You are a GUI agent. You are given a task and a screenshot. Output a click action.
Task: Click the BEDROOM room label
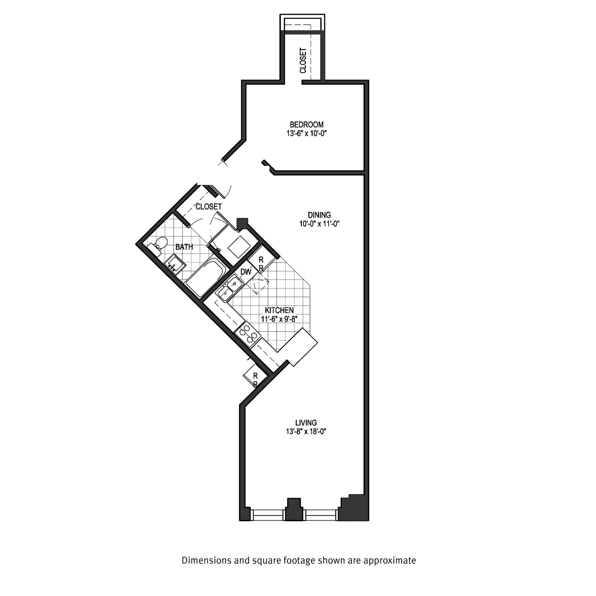[306, 125]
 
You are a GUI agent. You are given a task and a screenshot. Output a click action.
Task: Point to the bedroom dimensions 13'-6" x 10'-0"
[306, 134]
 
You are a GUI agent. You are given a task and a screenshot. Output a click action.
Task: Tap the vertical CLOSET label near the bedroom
[303, 61]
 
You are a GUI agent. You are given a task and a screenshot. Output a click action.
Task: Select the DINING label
[319, 215]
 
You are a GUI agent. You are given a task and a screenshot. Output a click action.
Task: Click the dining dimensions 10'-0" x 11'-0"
[319, 224]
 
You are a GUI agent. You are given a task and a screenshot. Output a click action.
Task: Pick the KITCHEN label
[279, 310]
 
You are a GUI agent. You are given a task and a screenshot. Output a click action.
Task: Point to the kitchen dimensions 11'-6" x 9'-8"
[279, 319]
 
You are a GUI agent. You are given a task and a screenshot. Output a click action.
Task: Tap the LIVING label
[306, 423]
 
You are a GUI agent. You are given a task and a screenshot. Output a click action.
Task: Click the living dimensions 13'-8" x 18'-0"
[306, 431]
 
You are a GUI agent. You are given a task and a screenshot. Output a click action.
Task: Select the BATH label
[184, 247]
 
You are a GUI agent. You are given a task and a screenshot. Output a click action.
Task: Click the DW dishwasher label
[246, 272]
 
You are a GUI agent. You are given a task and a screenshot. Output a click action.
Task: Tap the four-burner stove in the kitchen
[247, 334]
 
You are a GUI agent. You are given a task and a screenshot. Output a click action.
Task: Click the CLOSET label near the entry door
[209, 206]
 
